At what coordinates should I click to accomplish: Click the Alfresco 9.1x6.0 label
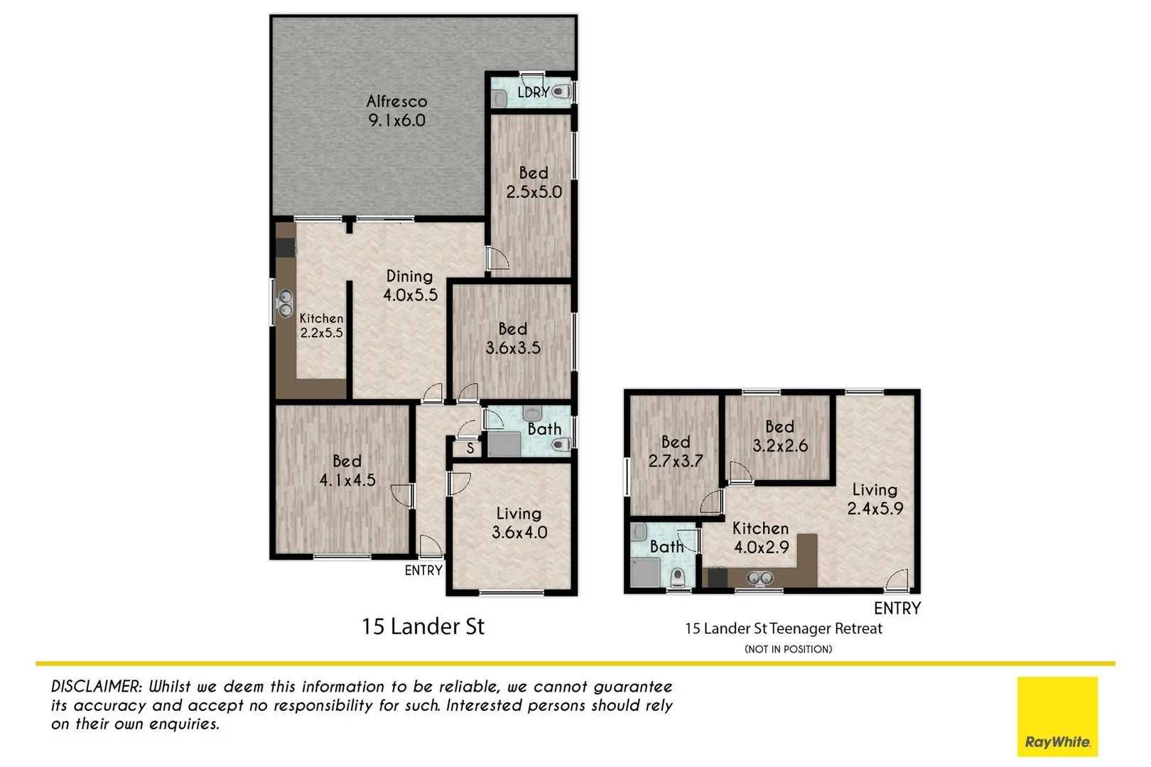396,111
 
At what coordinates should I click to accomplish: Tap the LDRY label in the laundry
532,92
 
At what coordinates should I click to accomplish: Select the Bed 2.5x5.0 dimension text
534,192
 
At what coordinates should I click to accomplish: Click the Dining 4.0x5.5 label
410,285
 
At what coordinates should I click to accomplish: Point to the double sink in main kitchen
285,303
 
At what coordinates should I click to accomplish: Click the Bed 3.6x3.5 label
513,338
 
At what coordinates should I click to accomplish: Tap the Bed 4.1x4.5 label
347,470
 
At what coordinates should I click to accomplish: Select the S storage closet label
470,449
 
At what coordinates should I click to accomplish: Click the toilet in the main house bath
561,445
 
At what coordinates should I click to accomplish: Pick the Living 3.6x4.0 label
519,523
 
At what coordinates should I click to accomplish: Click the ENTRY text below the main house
423,570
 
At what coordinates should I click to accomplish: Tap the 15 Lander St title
423,626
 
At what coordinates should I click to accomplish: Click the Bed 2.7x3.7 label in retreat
675,452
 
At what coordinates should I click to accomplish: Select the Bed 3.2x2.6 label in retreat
779,436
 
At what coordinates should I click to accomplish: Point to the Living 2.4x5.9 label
875,499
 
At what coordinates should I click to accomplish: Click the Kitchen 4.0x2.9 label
760,538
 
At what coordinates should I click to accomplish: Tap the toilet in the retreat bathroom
679,577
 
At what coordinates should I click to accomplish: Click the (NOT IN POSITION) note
788,649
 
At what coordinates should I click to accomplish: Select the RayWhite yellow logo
1057,716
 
